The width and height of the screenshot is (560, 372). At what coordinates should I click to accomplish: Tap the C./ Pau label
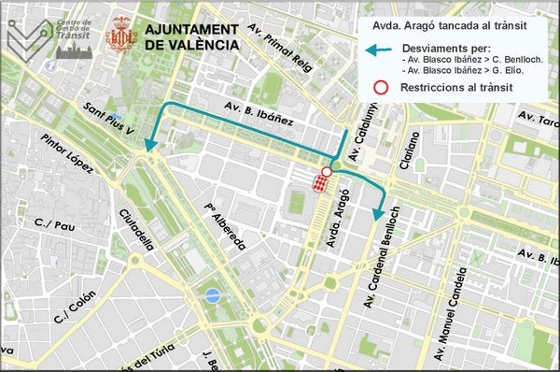click(53, 224)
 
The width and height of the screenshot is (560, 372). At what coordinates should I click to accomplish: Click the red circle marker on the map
click(326, 172)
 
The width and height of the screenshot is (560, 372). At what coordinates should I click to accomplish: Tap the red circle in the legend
click(381, 88)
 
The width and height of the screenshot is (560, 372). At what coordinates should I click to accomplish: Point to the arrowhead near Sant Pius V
click(147, 145)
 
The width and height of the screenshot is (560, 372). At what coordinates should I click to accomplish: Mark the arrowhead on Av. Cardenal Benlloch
click(377, 215)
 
